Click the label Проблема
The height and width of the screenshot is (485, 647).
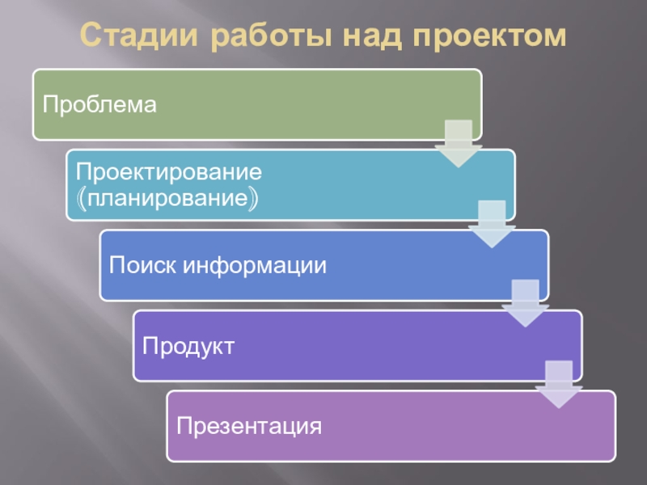click(99, 104)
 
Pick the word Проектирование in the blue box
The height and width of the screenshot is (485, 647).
click(168, 172)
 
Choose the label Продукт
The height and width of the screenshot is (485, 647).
click(188, 346)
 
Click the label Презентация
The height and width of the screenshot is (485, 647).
click(249, 426)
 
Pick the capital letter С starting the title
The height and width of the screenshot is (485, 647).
click(91, 36)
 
